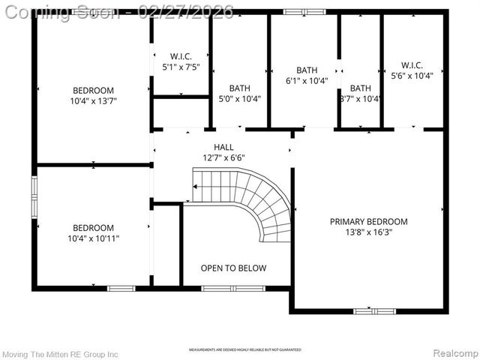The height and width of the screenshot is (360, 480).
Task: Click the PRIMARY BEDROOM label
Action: pyautogui.click(x=369, y=221)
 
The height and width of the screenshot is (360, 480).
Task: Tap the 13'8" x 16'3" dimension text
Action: pyautogui.click(x=369, y=232)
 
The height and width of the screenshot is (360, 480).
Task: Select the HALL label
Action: pyautogui.click(x=223, y=147)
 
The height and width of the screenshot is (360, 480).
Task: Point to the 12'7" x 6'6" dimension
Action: pyautogui.click(x=223, y=157)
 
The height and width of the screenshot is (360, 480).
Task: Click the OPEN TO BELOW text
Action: pyautogui.click(x=233, y=268)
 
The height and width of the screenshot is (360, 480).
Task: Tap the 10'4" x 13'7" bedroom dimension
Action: pyautogui.click(x=94, y=100)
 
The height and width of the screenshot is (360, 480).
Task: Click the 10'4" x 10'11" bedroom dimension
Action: pyautogui.click(x=94, y=238)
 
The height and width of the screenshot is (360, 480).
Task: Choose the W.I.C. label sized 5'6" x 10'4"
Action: pyautogui.click(x=412, y=64)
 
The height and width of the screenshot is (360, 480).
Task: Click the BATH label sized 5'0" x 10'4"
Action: pyautogui.click(x=239, y=88)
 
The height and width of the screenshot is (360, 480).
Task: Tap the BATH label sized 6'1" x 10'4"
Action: pyautogui.click(x=307, y=70)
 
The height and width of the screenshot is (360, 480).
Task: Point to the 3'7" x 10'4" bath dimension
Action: pyautogui.click(x=360, y=98)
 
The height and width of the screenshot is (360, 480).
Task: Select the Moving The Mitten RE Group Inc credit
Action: pyautogui.click(x=60, y=353)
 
